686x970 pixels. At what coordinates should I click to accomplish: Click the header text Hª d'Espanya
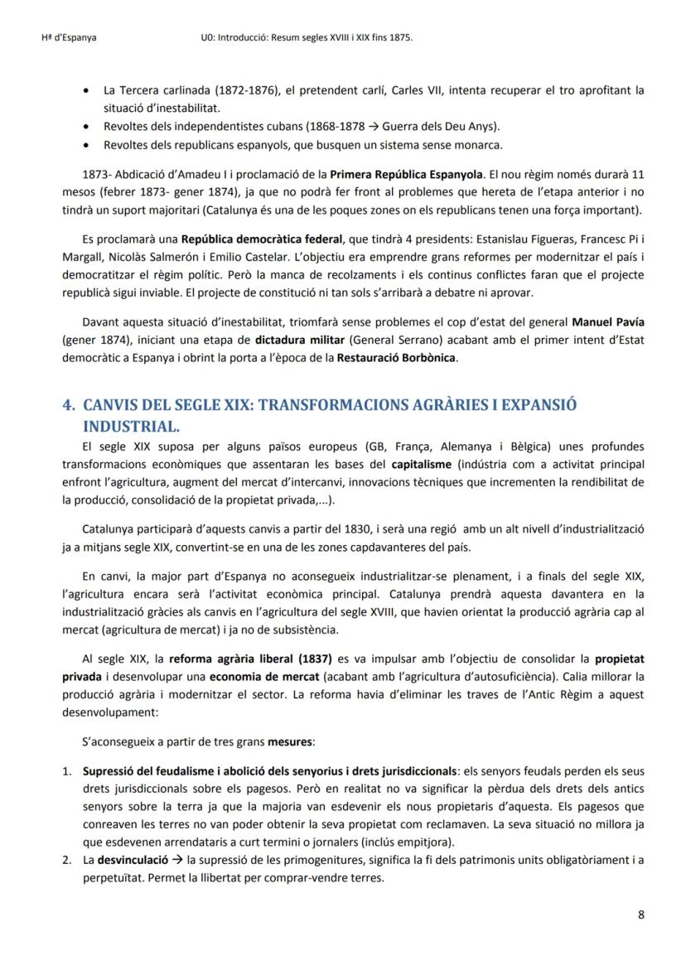[68, 37]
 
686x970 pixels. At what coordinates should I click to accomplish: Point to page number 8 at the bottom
[641, 915]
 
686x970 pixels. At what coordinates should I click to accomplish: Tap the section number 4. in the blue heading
[70, 405]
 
